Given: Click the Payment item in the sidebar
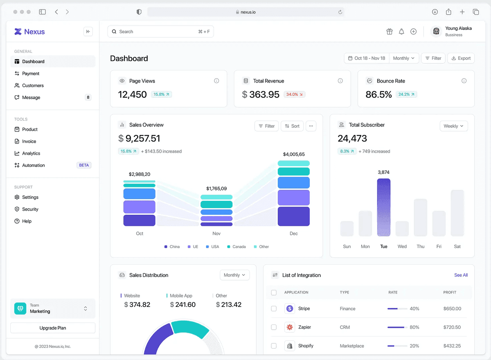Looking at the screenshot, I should [31, 74].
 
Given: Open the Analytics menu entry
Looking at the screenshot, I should [31, 153].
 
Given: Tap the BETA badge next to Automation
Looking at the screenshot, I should [84, 165].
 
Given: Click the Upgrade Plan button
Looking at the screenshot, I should [53, 328].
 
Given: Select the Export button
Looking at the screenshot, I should [461, 58].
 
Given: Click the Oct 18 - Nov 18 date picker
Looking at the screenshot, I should [367, 58].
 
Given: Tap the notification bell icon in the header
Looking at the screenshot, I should [401, 32].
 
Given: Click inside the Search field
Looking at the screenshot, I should [155, 32].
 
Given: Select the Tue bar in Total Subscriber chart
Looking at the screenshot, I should [384, 207].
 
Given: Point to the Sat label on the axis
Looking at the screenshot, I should [457, 246].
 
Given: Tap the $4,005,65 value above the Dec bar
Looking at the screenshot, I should [294, 154].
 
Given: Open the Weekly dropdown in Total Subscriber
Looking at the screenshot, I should [453, 126].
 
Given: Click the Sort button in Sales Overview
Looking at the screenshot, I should [292, 126].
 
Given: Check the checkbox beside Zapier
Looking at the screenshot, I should [274, 327].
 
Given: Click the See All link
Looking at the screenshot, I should [461, 275].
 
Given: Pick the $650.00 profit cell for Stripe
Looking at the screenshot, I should [452, 308].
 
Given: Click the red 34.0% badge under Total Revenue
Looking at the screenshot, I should [295, 94].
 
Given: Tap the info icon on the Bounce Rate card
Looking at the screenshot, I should [464, 81].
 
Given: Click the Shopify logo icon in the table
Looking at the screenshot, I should [290, 346].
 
